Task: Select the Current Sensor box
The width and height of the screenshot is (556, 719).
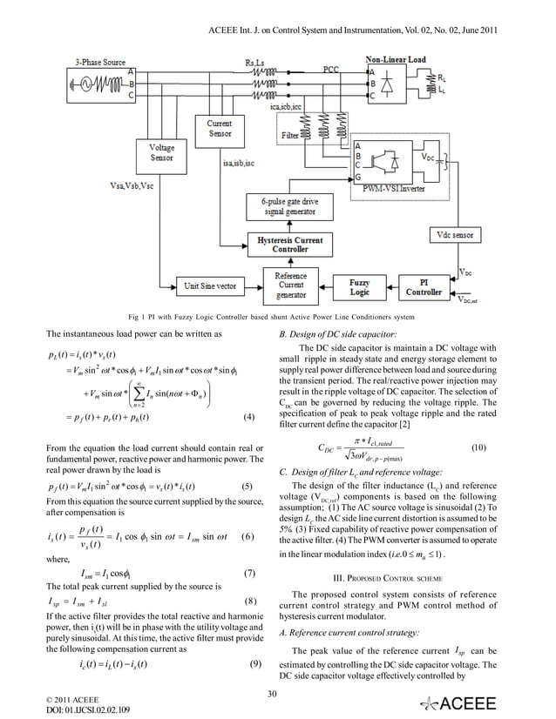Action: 220,130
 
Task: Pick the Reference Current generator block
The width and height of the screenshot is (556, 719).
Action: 290,284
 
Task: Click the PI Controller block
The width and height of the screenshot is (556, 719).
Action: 421,287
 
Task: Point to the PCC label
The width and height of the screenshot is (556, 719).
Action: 331,67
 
